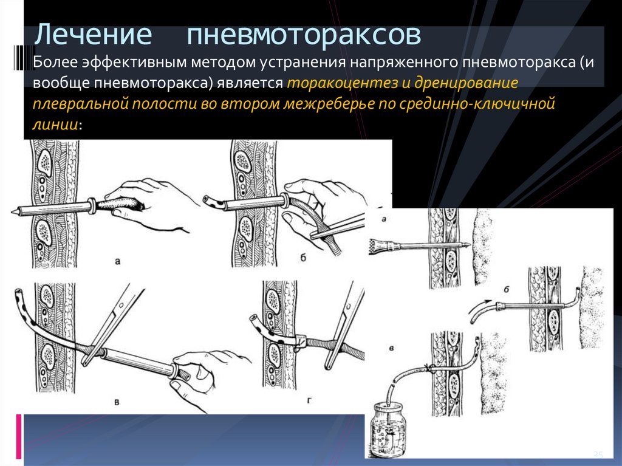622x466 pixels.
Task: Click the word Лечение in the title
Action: [x=93, y=35]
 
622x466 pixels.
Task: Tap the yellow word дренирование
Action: [x=466, y=83]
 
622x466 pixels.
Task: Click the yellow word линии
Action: [x=55, y=125]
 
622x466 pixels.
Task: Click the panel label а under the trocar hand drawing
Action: [x=117, y=261]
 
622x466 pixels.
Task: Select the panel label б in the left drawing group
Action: [x=303, y=258]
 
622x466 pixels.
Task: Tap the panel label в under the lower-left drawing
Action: [x=117, y=402]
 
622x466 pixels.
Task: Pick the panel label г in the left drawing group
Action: [x=309, y=400]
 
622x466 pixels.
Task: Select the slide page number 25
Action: [x=598, y=454]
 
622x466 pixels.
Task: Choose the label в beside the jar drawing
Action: [x=391, y=349]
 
